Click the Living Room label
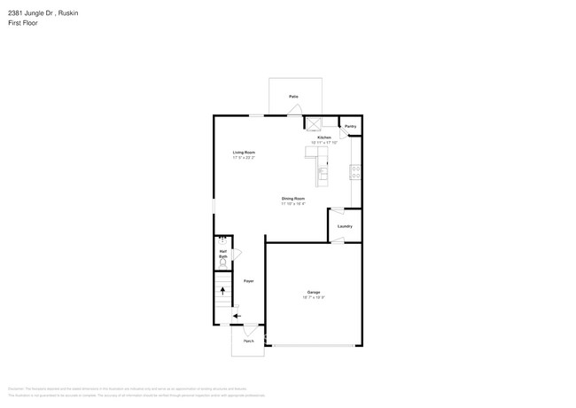point(245,152)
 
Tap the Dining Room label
point(293,198)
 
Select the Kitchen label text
point(324,137)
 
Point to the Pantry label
point(350,127)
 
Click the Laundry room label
point(345,226)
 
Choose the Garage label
point(314,292)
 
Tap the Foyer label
point(249,281)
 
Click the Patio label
point(293,96)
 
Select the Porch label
point(248,341)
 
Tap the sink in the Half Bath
point(222,240)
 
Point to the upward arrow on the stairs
point(222,290)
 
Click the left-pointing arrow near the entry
point(237,316)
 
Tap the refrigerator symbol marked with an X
point(313,124)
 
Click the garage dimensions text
point(314,297)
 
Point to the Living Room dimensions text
point(245,157)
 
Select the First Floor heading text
point(23,23)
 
